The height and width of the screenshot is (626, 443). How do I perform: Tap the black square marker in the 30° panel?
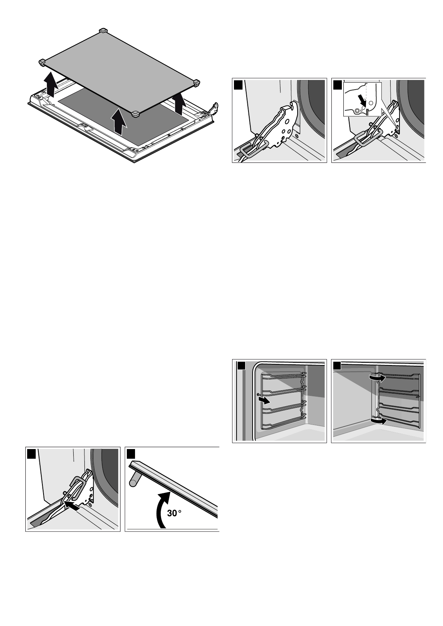pos(132,454)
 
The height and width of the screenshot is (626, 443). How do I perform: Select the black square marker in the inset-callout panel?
pos(337,85)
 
